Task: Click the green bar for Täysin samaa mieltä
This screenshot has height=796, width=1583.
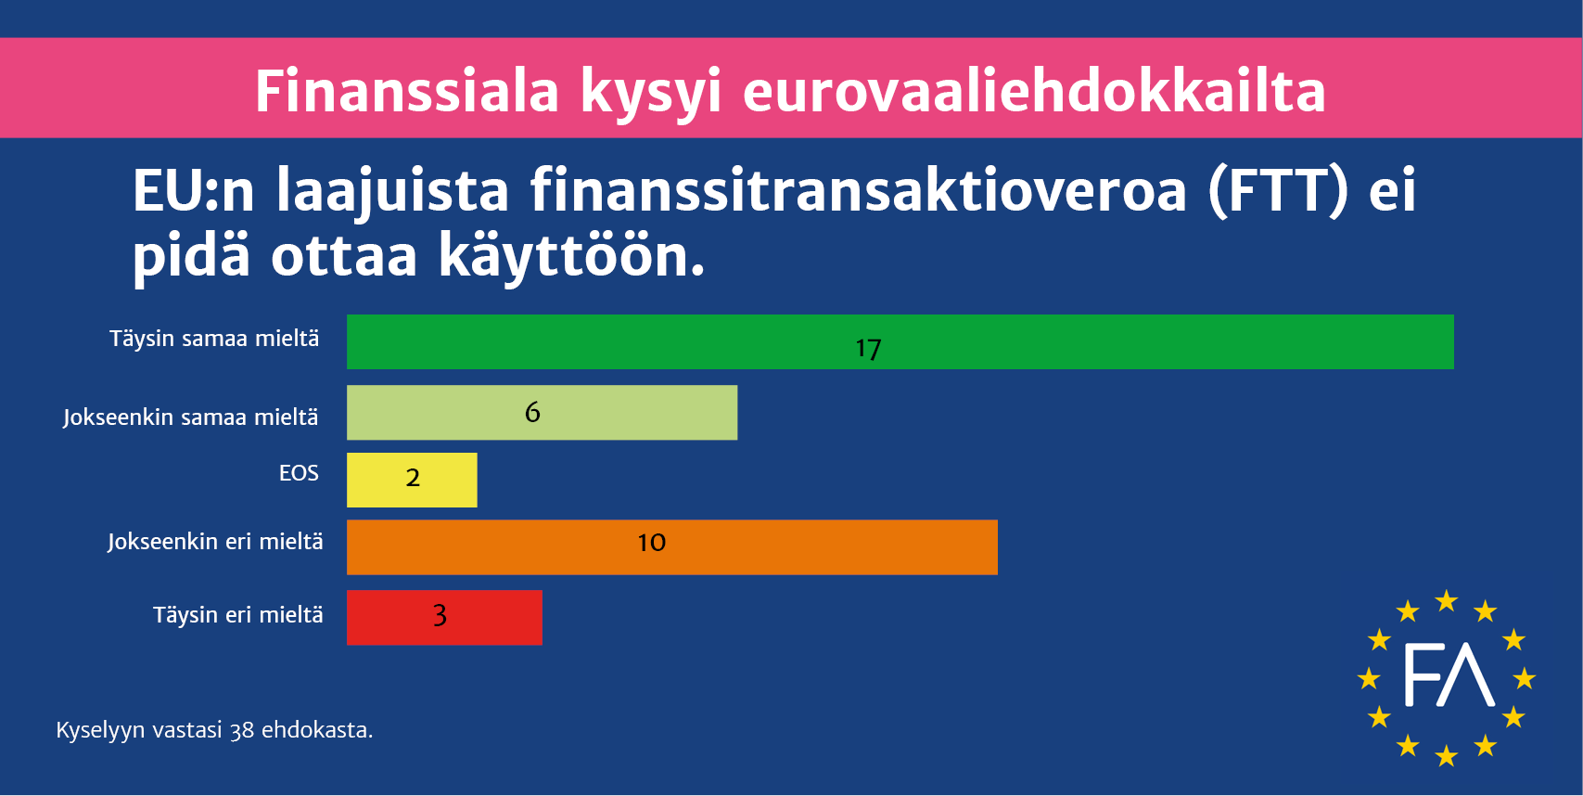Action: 900,341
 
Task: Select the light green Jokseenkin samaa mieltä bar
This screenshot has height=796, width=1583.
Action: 542,412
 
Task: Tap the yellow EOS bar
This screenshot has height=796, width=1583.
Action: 412,480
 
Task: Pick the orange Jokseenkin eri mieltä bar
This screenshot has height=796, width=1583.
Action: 672,547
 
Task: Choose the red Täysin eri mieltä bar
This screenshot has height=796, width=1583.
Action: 444,617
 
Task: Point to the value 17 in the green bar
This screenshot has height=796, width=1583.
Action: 868,349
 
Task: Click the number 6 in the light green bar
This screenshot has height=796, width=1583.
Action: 532,411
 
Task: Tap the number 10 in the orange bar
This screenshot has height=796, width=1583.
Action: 651,542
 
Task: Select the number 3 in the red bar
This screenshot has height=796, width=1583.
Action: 440,615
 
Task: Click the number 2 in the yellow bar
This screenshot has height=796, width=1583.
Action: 413,478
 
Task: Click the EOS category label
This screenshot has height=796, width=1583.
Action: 299,473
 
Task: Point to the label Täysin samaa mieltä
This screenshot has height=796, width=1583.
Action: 214,339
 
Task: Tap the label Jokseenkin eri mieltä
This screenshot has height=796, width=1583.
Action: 215,542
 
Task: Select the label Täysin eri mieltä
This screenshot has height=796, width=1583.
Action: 238,615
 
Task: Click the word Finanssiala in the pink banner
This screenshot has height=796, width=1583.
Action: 407,91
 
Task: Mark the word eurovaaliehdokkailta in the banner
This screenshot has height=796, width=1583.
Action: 1034,91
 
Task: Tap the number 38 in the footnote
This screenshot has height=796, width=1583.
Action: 242,730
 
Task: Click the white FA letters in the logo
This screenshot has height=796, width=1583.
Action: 1449,675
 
